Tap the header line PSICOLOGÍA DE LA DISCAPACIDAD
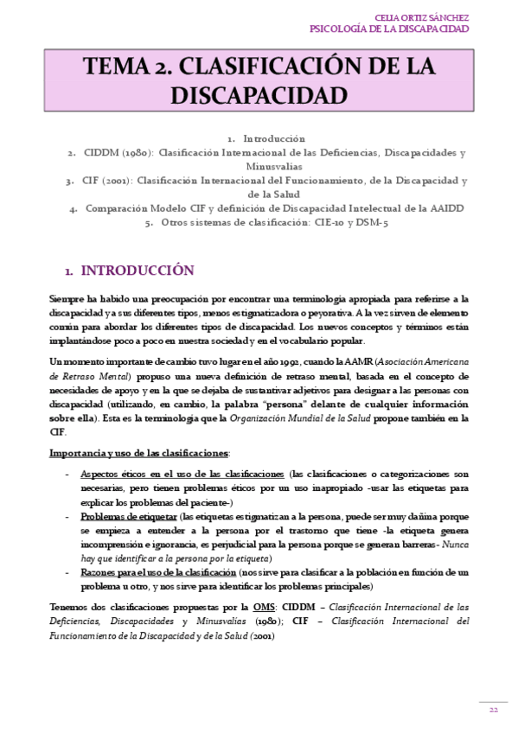click(x=389, y=29)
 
